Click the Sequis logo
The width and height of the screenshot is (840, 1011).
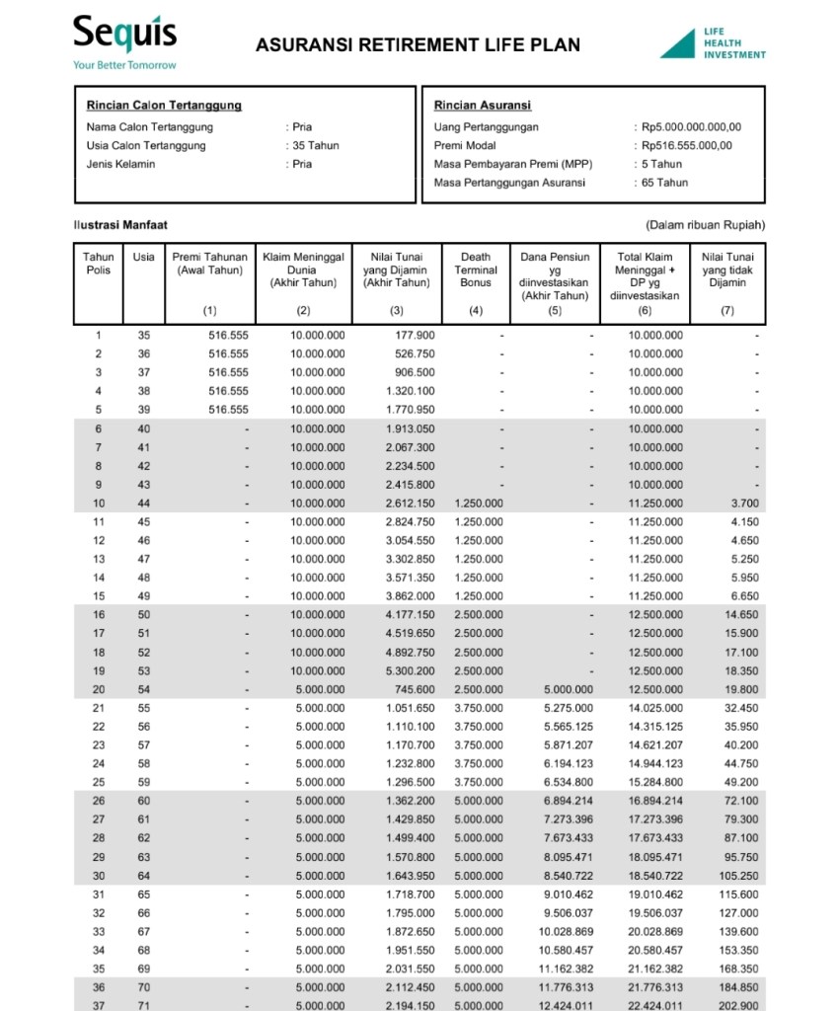pyautogui.click(x=124, y=36)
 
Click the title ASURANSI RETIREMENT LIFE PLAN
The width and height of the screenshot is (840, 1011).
pyautogui.click(x=418, y=44)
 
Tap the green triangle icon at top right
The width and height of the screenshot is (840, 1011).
pyautogui.click(x=677, y=43)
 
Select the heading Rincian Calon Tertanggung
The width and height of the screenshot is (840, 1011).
pyautogui.click(x=164, y=106)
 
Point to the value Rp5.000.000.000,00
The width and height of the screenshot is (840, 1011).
pyautogui.click(x=691, y=126)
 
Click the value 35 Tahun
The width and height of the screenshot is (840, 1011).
pyautogui.click(x=316, y=145)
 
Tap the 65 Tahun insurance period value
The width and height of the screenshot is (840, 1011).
pyautogui.click(x=664, y=183)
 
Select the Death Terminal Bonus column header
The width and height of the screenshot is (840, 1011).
pyautogui.click(x=476, y=270)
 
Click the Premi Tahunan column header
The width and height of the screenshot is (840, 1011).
pyautogui.click(x=209, y=264)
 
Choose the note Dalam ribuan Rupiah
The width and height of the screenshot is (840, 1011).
pyautogui.click(x=705, y=225)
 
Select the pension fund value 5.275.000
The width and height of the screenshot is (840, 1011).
pyautogui.click(x=568, y=709)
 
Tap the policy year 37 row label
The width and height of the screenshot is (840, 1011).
pyautogui.click(x=99, y=1005)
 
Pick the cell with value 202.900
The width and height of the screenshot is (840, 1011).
pyautogui.click(x=739, y=1005)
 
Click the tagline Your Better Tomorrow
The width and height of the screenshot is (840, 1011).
pyautogui.click(x=124, y=65)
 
